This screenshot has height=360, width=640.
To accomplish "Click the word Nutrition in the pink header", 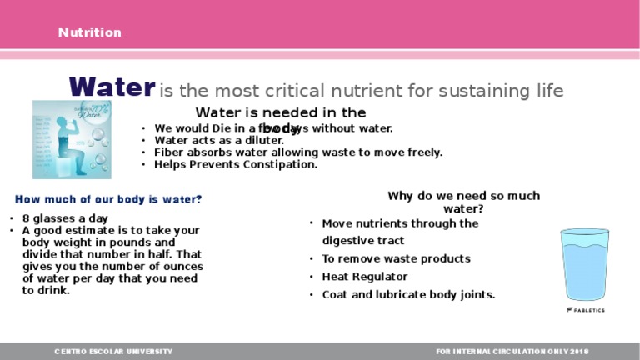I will [x=89, y=32].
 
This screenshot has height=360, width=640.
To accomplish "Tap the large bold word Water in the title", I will [x=112, y=87].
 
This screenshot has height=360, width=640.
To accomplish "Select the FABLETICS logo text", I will [x=586, y=310].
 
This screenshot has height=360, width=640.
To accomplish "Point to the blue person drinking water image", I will [x=70, y=139].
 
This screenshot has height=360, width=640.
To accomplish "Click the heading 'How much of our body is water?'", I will [x=108, y=200].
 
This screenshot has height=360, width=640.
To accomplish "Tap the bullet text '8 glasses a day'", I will [x=61, y=218].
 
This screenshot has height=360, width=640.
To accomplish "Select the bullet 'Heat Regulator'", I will [x=364, y=277].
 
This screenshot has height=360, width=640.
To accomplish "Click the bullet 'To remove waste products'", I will [x=396, y=259].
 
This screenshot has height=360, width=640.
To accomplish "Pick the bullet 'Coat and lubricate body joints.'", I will [x=408, y=295].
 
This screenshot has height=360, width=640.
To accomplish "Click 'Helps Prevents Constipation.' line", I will [x=236, y=165].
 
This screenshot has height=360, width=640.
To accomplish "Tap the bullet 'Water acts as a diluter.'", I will [x=219, y=141].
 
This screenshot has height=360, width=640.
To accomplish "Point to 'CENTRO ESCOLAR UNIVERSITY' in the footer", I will [x=113, y=352].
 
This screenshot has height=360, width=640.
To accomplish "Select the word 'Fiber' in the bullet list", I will [x=168, y=152].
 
